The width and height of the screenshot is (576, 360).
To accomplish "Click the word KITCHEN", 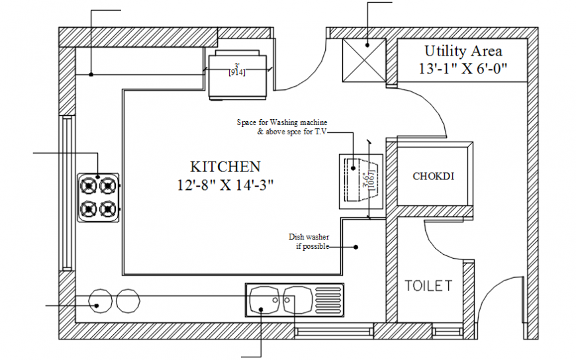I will point(225,167).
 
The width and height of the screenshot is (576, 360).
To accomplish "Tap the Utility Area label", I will point(463,51).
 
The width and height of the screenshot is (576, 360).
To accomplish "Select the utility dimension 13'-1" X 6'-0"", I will point(463,67).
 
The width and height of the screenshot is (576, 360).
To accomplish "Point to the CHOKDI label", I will point(433,176).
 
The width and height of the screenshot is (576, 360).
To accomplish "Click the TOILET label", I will point(428,286).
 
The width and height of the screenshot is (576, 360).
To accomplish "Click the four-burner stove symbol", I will point(99,197).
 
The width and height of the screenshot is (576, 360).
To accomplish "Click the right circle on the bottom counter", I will point(128,300).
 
